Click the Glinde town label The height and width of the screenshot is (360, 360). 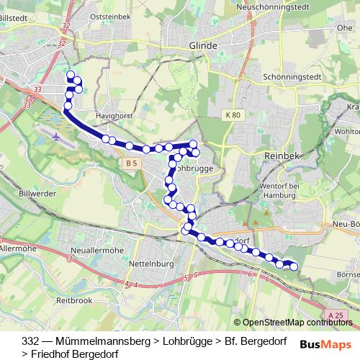[x=202, y=45]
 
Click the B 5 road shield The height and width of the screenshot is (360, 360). [x=130, y=164]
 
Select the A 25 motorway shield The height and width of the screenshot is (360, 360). [x=333, y=315]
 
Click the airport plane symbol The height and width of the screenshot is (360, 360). [x=56, y=134]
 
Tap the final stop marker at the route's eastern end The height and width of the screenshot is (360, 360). [x=293, y=266]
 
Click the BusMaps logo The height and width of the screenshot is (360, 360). [x=325, y=343]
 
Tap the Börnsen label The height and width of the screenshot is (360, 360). [x=347, y=274]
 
